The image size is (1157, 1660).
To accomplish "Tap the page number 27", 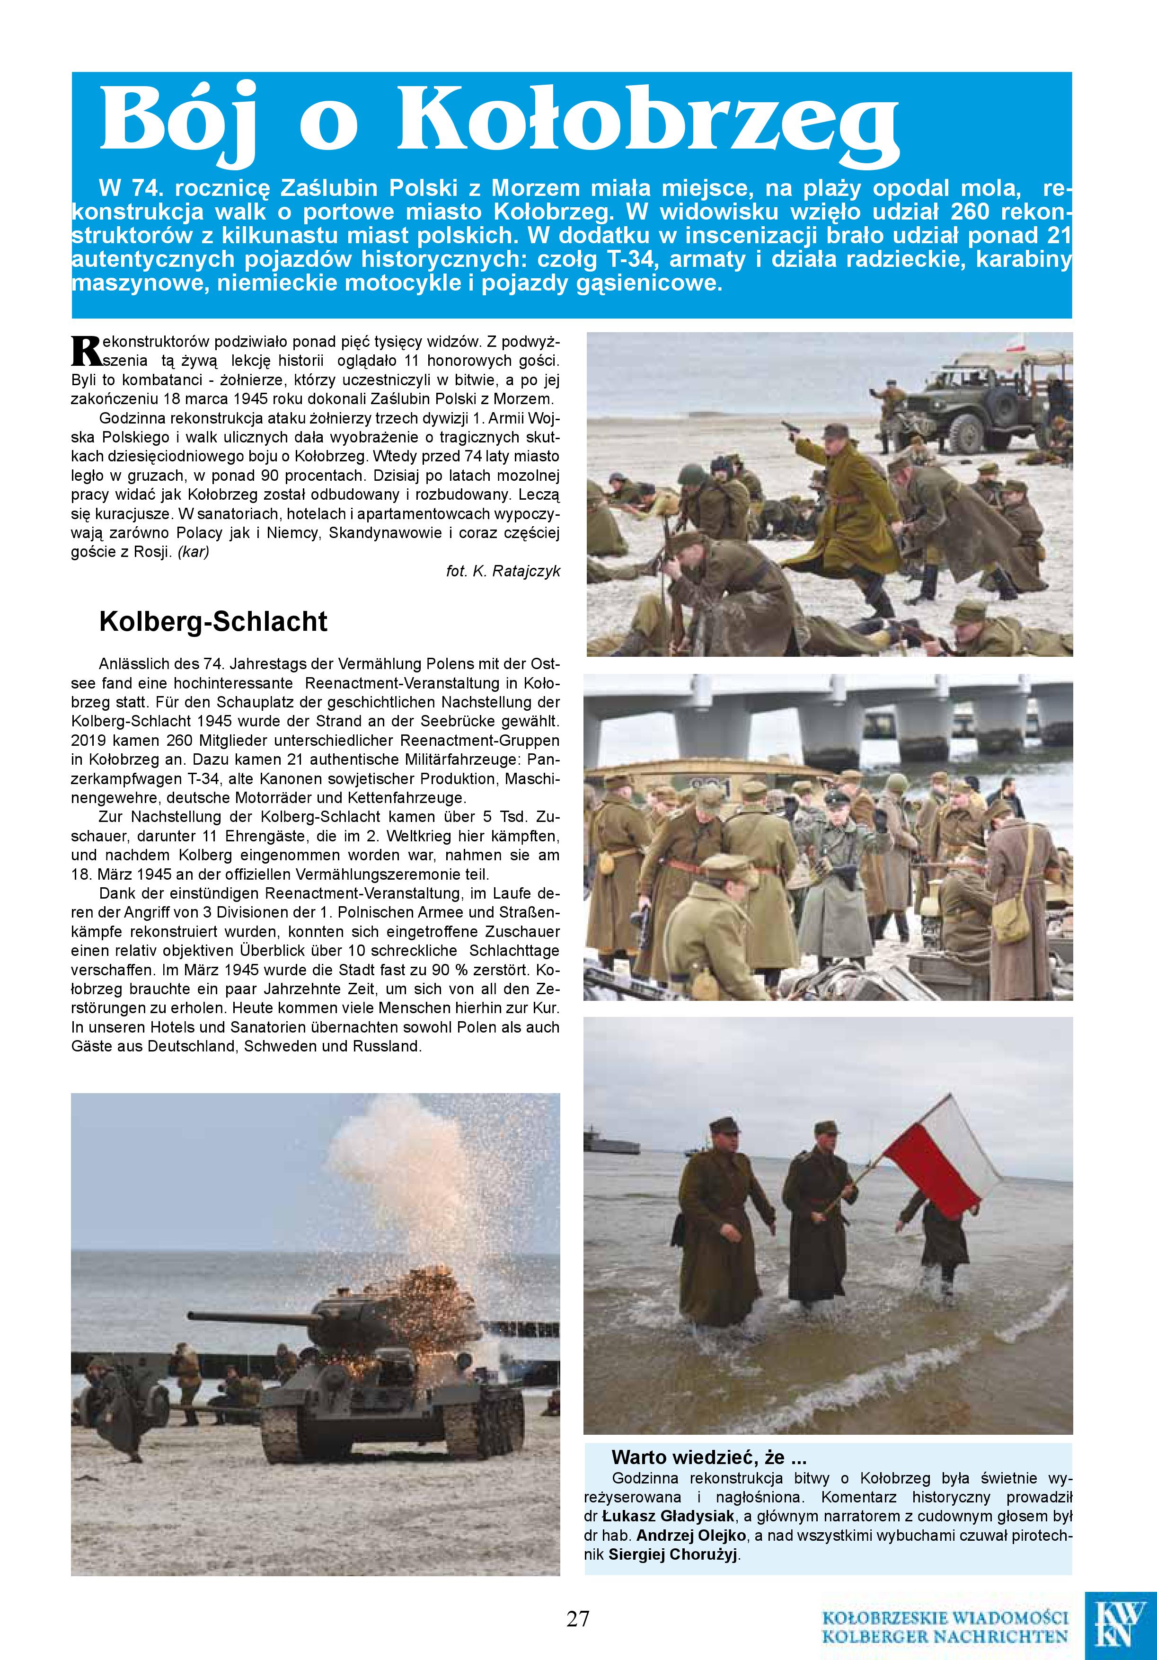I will click(578, 1618).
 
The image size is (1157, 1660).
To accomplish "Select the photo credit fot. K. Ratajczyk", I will click(503, 571).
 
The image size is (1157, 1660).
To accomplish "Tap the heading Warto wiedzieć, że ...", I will click(709, 1456).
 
